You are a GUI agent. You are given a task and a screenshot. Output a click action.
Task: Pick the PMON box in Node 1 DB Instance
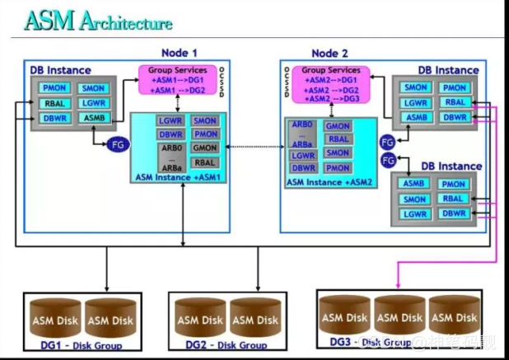(x=56, y=87)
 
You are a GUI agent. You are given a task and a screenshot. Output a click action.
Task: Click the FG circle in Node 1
(x=118, y=144)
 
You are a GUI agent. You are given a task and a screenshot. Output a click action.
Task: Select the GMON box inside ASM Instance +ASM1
(x=205, y=148)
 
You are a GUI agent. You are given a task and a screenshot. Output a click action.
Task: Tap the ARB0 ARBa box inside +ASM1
(x=170, y=156)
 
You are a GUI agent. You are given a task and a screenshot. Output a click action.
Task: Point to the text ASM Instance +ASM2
(x=329, y=181)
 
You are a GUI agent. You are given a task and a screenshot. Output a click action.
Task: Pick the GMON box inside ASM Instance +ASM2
(x=338, y=126)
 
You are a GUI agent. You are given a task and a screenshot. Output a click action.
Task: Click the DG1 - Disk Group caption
(x=75, y=346)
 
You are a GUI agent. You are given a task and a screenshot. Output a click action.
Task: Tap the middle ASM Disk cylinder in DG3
(x=400, y=317)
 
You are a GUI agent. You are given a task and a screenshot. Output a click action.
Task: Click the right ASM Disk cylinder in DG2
(x=254, y=319)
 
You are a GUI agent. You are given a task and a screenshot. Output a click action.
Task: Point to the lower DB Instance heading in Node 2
(x=451, y=166)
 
